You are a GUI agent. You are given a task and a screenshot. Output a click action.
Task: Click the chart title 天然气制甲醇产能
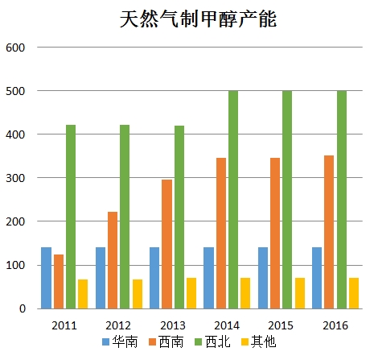coord(198,19)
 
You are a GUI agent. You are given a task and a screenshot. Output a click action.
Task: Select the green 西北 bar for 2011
coord(71,217)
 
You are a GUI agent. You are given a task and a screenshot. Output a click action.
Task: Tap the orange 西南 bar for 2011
coord(59,282)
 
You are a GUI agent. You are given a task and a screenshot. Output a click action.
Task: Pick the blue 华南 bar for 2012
coord(101,278)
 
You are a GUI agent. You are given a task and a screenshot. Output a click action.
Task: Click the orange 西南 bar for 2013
coord(167,244)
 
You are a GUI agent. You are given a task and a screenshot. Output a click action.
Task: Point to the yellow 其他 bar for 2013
coord(191,293)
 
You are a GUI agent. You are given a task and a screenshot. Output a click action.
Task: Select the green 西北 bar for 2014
coord(233,200)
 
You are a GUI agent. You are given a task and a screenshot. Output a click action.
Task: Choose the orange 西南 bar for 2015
coord(275,234)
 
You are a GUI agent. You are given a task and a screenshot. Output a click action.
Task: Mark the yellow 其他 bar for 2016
coord(354,293)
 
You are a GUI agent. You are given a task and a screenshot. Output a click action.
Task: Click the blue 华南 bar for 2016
coord(317,278)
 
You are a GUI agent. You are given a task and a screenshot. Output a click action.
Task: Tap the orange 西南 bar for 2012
coord(113,260)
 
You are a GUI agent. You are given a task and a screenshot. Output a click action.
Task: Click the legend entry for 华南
coord(120,342)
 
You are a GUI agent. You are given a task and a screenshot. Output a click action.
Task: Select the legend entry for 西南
coord(166,342)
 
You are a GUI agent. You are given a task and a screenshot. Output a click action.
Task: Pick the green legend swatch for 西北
coord(199,342)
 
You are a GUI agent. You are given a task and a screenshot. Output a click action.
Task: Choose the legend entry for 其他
coord(259,342)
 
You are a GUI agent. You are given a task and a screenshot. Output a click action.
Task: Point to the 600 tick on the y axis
coord(15,48)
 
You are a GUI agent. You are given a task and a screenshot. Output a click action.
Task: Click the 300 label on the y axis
coord(15,178)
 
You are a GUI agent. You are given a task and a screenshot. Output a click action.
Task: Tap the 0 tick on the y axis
coord(23,308)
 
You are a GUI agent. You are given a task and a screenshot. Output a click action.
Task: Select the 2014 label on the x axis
coord(227,325)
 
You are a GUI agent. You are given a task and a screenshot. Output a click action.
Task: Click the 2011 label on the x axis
coord(64,325)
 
